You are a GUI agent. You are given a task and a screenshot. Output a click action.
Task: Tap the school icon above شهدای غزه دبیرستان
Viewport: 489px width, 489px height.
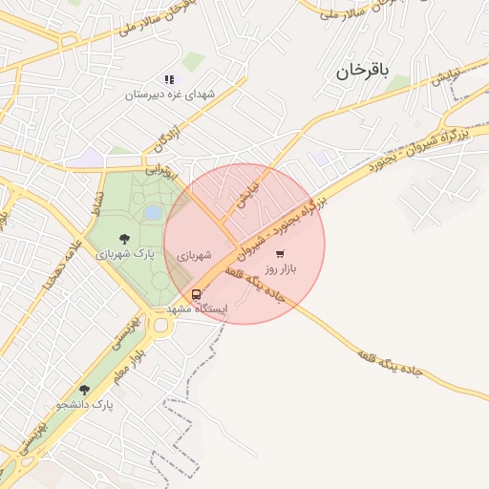coord(169,79)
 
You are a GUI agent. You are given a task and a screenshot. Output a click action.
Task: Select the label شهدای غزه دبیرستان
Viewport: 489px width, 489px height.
coord(169,96)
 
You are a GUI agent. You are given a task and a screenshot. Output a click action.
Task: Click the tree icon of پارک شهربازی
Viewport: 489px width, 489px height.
coord(124,239)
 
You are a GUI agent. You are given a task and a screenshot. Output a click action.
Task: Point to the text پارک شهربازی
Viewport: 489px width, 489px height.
coord(125,255)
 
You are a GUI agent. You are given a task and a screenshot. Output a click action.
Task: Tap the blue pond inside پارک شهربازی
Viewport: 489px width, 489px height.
coord(153,213)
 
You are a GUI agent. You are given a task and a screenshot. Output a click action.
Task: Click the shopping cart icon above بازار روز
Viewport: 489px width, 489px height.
coord(279,254)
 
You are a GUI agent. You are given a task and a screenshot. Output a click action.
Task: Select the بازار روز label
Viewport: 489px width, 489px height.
coord(281,269)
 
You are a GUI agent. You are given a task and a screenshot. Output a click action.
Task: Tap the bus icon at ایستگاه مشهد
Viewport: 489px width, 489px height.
coord(196,294)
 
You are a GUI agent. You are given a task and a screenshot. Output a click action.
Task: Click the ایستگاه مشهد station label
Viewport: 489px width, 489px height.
coord(198,309)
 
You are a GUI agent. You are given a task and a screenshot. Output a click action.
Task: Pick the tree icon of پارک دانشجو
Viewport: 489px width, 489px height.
coord(84,389)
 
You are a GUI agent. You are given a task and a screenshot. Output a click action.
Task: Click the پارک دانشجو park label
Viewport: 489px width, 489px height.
coord(84,405)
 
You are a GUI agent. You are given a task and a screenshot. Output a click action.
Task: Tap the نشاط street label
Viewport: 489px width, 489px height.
coord(96,202)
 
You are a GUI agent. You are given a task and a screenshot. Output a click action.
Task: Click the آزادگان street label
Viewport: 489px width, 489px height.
coord(166,140)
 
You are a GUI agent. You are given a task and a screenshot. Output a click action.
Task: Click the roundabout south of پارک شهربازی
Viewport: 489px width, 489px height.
coord(157,326)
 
